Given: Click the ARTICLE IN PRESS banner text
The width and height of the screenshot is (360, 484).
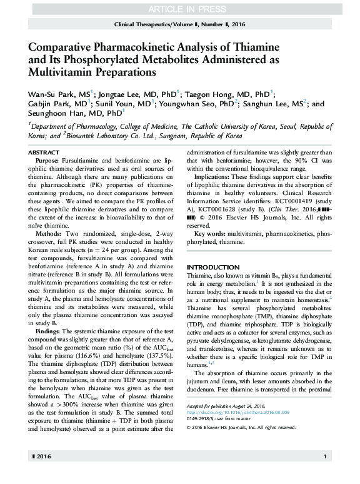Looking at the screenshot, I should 179,8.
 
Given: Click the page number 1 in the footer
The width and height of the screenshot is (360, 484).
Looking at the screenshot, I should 326,475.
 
